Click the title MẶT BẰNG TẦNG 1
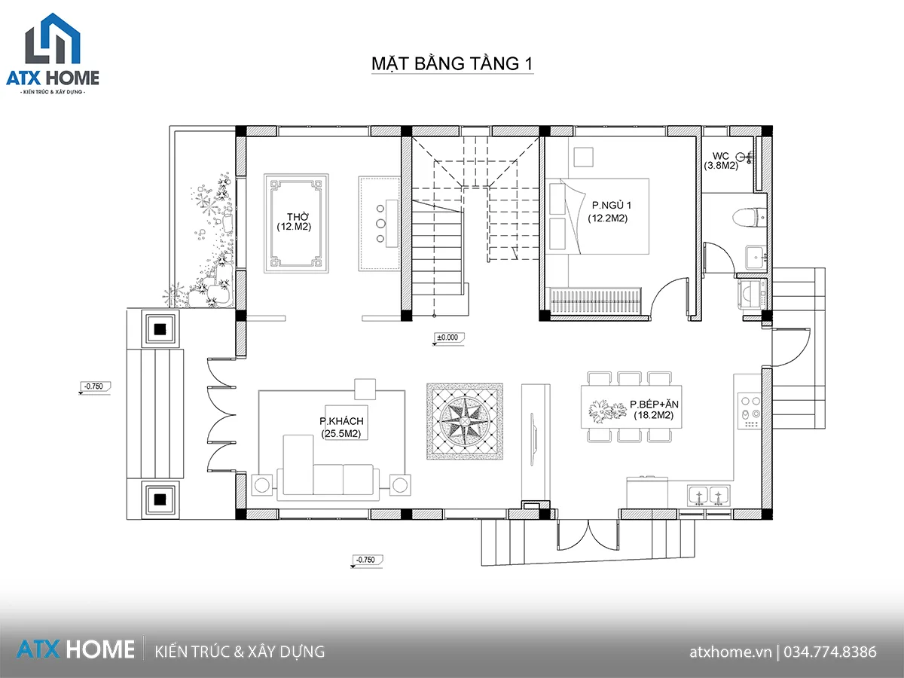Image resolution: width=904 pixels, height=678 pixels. tap(452, 64)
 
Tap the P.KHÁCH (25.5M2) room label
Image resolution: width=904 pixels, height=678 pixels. tap(341, 427)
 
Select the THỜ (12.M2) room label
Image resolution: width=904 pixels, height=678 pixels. tap(294, 221)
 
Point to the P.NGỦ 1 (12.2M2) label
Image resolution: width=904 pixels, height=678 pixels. tap(609, 212)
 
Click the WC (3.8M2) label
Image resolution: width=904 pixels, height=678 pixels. tap(721, 161)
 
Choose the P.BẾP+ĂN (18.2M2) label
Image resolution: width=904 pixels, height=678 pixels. tap(654, 410)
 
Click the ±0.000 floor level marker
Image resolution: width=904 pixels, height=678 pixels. tap(448, 338)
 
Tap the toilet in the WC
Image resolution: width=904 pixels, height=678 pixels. tap(750, 218)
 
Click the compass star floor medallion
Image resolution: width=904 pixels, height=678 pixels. tap(465, 421)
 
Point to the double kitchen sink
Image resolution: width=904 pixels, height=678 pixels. tap(708, 495)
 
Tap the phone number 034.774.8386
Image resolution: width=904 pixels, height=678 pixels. tap(830, 652)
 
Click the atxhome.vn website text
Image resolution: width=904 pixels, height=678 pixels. tap(730, 652)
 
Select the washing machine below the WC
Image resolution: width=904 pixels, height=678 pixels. tap(752, 294)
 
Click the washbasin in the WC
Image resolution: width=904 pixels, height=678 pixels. tap(756, 258)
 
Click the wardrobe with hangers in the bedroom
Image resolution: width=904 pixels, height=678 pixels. tap(594, 301)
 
